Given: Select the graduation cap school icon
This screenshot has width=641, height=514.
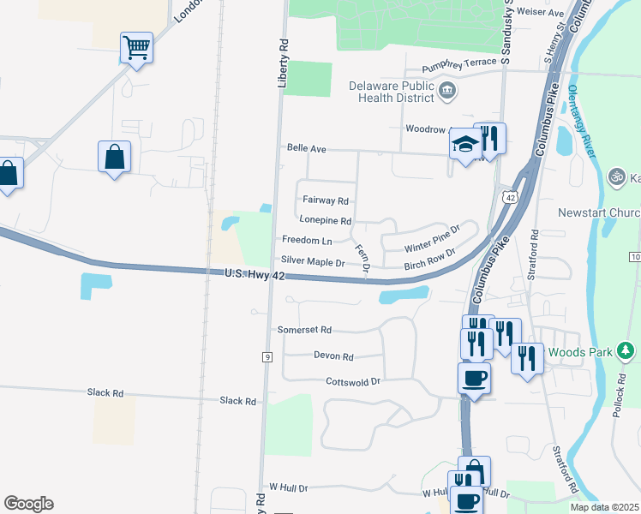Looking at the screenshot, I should click(x=464, y=146).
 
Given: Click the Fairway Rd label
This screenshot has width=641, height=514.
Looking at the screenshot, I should click(x=325, y=201).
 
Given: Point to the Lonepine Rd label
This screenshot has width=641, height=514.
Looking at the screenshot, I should click(x=325, y=220).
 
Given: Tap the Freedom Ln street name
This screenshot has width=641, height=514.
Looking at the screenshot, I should click(x=306, y=241).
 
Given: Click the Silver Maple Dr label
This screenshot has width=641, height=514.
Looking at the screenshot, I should click(x=312, y=262).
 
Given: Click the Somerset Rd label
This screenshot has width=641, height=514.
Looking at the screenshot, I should click(x=303, y=330).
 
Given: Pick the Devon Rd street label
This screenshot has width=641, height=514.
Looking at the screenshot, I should click(x=333, y=356).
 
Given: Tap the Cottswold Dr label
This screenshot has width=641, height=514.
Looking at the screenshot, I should click(x=352, y=381).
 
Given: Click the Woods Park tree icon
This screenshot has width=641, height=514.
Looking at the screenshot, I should click(x=626, y=350).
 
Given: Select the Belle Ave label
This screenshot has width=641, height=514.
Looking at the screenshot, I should click(x=307, y=148).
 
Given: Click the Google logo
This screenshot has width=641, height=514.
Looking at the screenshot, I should click(x=28, y=504).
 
